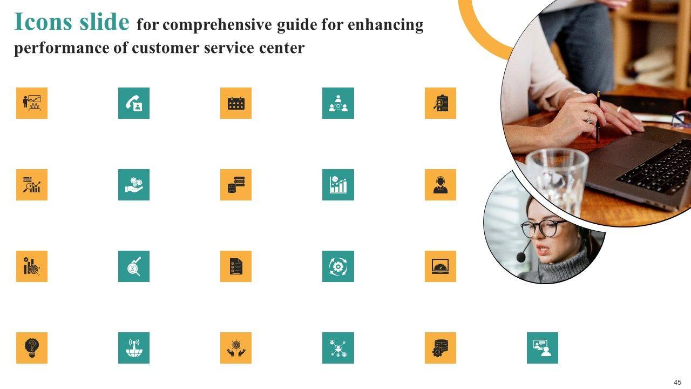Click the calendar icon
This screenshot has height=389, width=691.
click(x=236, y=103)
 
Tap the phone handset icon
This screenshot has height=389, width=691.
click(x=134, y=103)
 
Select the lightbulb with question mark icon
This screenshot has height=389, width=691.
click(x=32, y=348)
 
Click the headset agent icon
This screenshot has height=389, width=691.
click(x=440, y=185)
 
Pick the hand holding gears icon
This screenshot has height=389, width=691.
click(x=134, y=185)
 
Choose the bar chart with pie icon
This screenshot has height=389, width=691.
click(x=338, y=185)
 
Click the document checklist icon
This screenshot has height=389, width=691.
click(x=236, y=266)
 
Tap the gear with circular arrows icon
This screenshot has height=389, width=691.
click(x=338, y=266)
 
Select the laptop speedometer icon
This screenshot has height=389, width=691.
click(x=440, y=266)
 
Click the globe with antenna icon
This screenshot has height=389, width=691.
click(x=134, y=348)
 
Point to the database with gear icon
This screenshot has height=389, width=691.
click(x=440, y=348)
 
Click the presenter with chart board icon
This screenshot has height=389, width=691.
click(x=32, y=103)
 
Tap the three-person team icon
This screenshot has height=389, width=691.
click(x=338, y=103)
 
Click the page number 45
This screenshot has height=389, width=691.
click(x=678, y=382)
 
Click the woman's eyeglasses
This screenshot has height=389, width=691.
click(x=543, y=229)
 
